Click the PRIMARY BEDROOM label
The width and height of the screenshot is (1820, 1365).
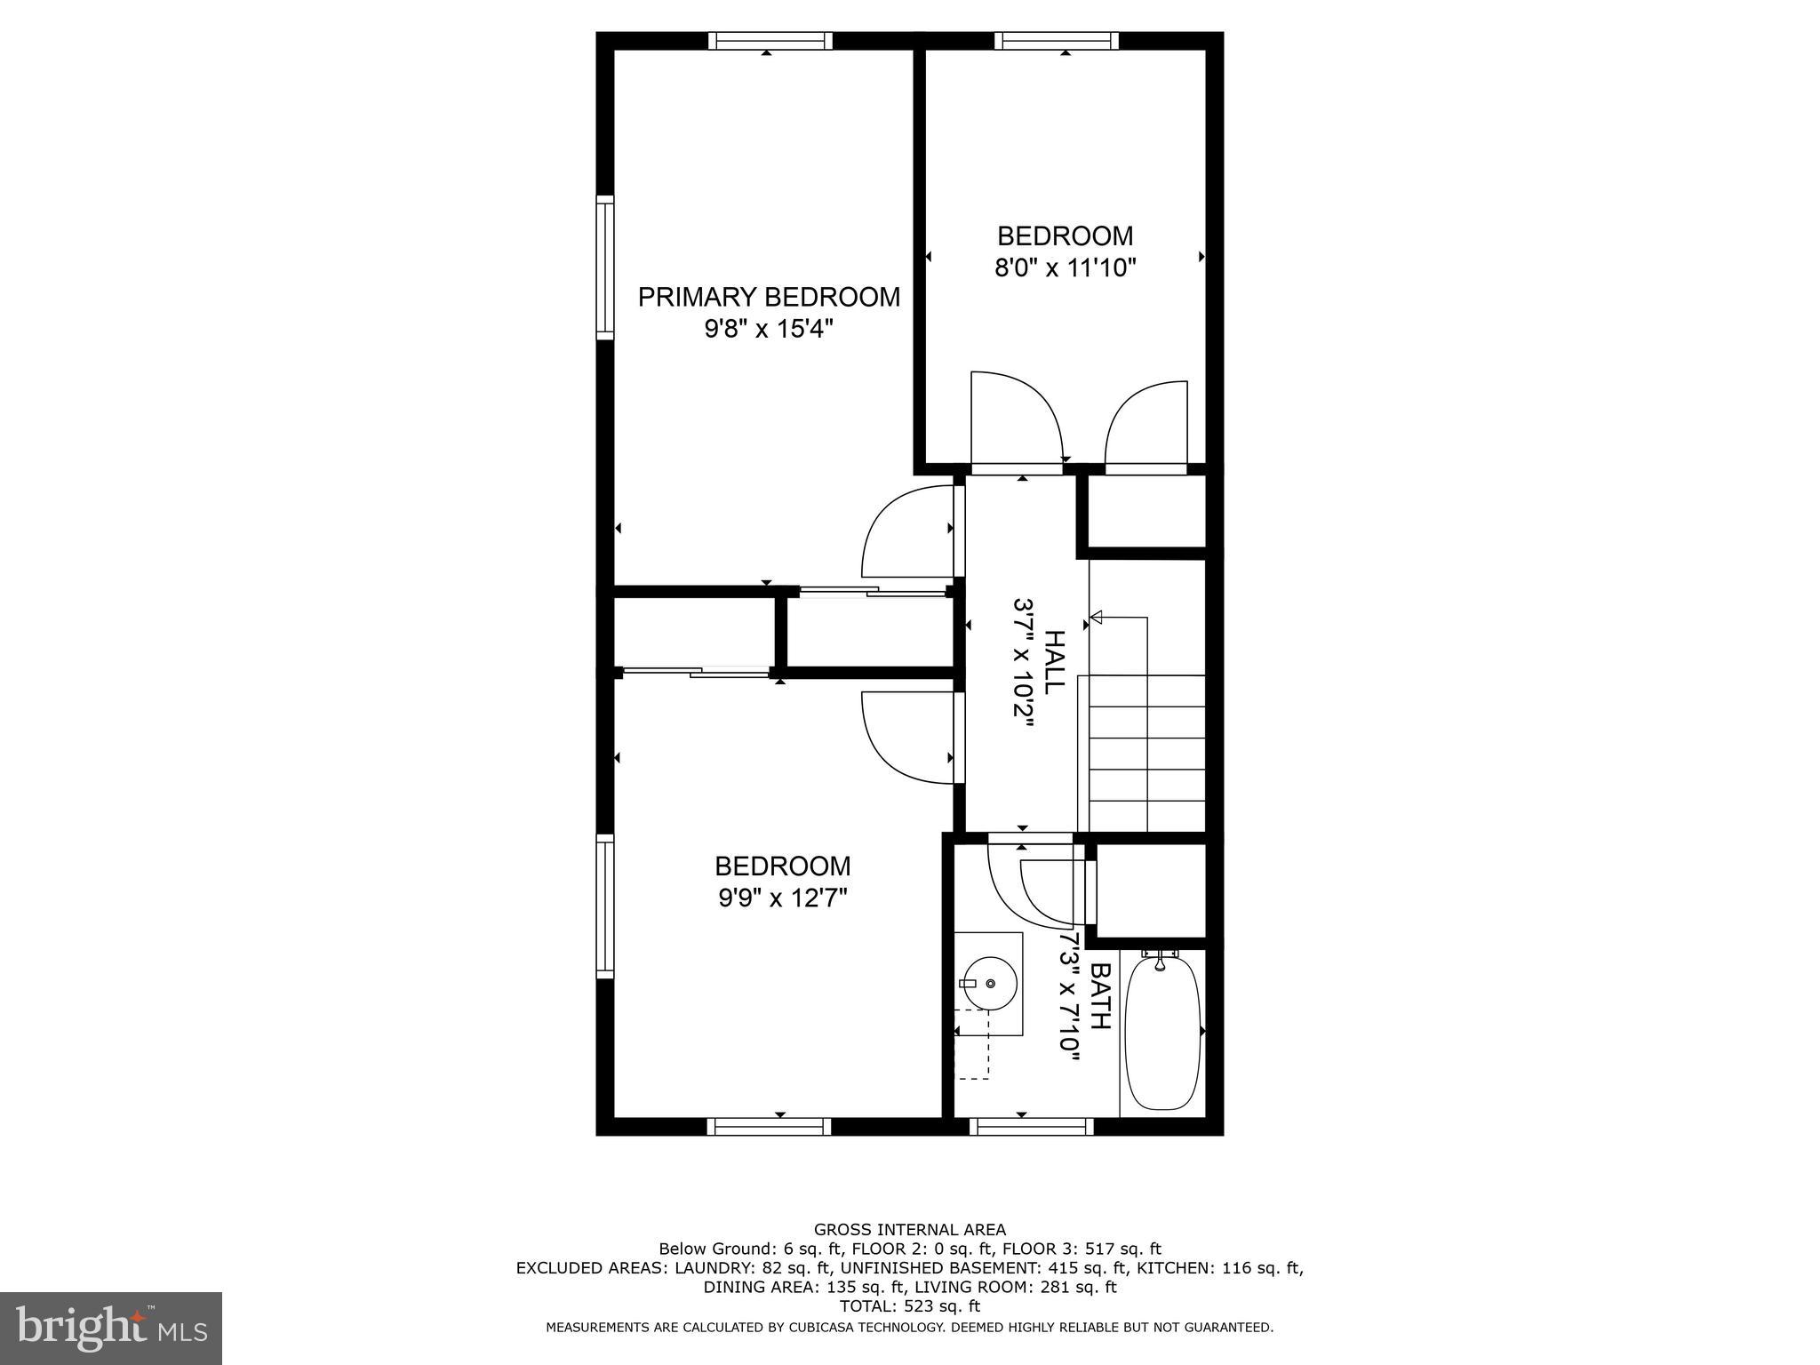tap(769, 297)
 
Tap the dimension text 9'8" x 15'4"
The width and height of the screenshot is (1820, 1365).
tap(769, 330)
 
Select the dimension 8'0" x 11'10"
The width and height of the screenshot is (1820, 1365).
tap(1066, 267)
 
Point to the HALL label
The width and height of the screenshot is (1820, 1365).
tap(1054, 662)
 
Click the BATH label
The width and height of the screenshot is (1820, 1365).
tap(1100, 996)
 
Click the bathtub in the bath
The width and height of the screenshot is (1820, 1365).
tap(1162, 1032)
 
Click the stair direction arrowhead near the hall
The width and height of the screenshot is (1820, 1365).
tap(1096, 617)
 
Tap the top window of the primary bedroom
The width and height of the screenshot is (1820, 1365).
tap(770, 41)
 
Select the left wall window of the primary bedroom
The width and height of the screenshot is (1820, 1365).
tap(605, 267)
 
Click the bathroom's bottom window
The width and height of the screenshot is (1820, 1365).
tap(1031, 1126)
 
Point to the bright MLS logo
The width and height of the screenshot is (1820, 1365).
tap(111, 1328)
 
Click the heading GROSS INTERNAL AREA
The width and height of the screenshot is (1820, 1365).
tap(910, 1230)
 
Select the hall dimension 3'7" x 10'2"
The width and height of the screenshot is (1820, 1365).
tap(1023, 662)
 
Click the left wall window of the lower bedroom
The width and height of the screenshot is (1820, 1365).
tap(605, 906)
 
